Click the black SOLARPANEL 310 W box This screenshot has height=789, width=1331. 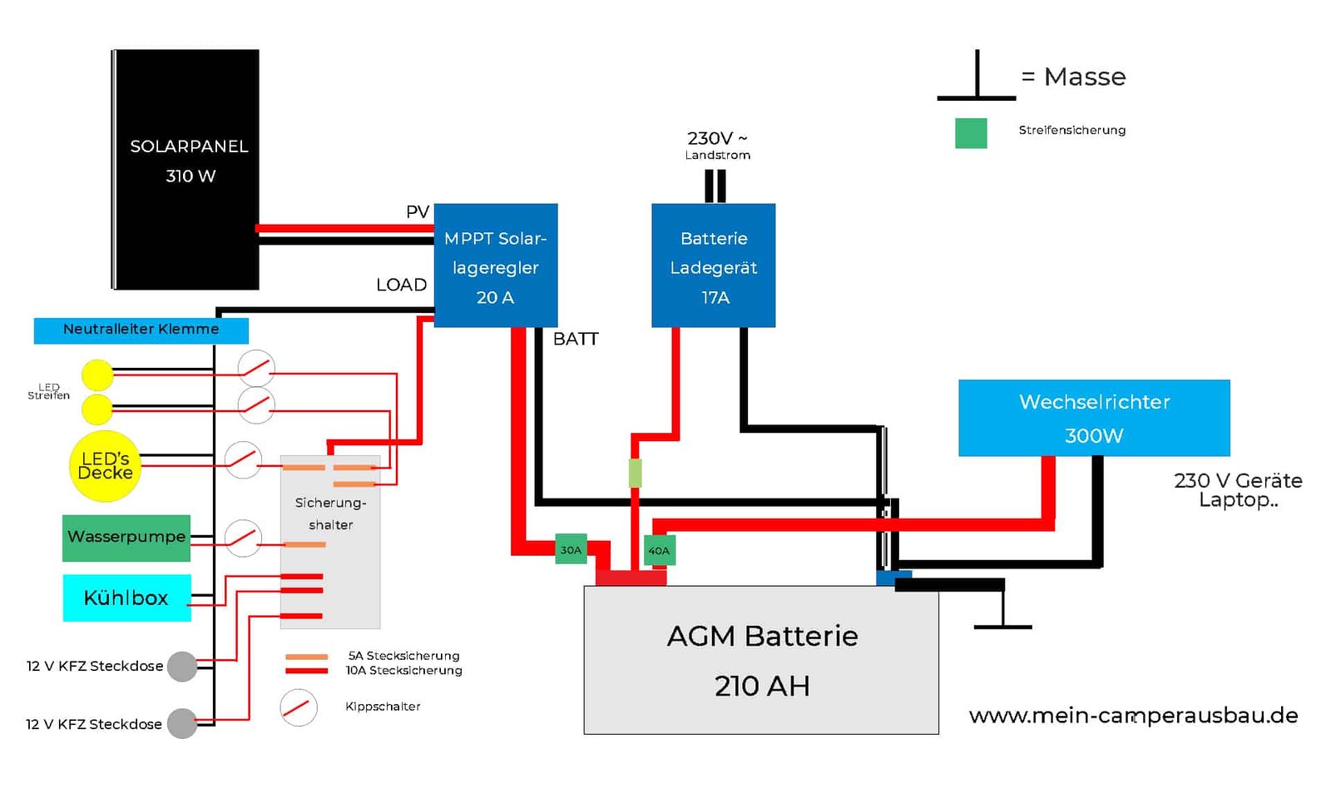pos(186,170)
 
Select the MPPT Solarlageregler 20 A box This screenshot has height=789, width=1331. pos(496,265)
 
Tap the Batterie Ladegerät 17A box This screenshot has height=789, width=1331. pos(713,265)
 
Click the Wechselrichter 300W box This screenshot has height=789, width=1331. pos(1094,418)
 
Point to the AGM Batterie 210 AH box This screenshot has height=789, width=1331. pos(761,660)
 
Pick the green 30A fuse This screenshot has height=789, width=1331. pos(571,549)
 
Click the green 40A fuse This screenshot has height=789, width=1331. pos(659,551)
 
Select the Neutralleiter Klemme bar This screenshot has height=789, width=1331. pos(141,330)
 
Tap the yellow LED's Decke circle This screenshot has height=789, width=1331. pos(105,466)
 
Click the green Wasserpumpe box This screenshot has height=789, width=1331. pos(126,538)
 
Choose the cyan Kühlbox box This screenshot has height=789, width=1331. pos(127,598)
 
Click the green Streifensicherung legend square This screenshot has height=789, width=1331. pos(971,132)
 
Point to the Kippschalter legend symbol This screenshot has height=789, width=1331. pos(299,707)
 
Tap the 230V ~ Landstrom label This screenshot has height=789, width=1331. pos(717,146)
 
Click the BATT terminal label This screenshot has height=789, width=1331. pos(575,339)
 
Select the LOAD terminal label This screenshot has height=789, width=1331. pos(401,285)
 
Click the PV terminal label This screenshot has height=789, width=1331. pos(417,211)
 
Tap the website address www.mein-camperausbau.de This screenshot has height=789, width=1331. pos(1133,716)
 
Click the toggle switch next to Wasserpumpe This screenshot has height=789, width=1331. pos(243,538)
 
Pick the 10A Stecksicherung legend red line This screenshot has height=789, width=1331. pos(307,671)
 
